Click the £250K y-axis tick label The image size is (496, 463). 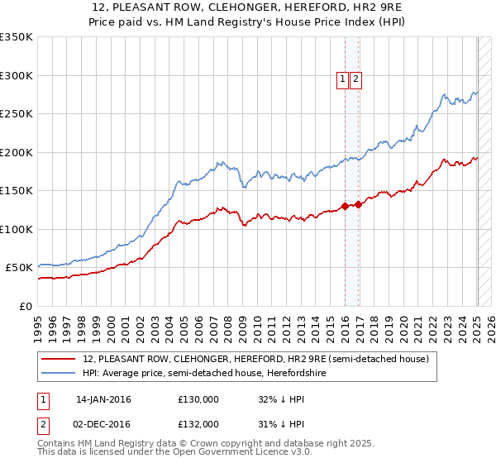(17, 113)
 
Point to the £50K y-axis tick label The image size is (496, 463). (19, 267)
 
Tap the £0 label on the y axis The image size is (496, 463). (25, 306)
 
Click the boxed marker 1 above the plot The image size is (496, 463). (343, 79)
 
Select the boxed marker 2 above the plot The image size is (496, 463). (355, 79)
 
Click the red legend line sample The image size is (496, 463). (60, 359)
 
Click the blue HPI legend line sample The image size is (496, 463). (60, 374)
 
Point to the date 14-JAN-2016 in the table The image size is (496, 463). (103, 399)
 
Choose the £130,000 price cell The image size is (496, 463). (198, 399)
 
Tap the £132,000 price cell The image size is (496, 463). (198, 424)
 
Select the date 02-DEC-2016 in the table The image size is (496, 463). (103, 424)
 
